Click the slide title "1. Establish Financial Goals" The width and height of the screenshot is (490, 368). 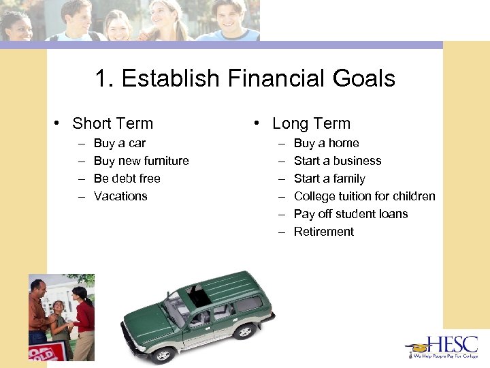click(x=245, y=79)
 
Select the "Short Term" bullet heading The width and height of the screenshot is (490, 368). click(x=112, y=123)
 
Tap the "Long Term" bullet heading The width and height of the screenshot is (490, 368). click(x=311, y=123)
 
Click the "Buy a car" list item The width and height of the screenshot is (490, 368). click(x=119, y=143)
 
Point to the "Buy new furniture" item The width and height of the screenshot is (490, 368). click(x=141, y=161)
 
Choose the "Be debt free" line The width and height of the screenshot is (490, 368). click(x=127, y=179)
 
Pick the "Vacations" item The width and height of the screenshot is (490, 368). click(x=120, y=196)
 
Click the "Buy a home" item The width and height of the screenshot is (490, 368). click(x=326, y=143)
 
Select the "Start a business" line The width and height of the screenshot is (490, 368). click(x=337, y=161)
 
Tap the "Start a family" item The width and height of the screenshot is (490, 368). click(x=329, y=179)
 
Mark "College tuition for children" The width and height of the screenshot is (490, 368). click(x=364, y=196)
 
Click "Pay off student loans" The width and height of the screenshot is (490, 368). click(x=350, y=214)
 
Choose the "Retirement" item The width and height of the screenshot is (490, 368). click(x=323, y=232)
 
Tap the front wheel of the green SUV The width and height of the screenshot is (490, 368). click(x=163, y=354)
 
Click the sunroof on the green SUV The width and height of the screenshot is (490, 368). click(x=199, y=296)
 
